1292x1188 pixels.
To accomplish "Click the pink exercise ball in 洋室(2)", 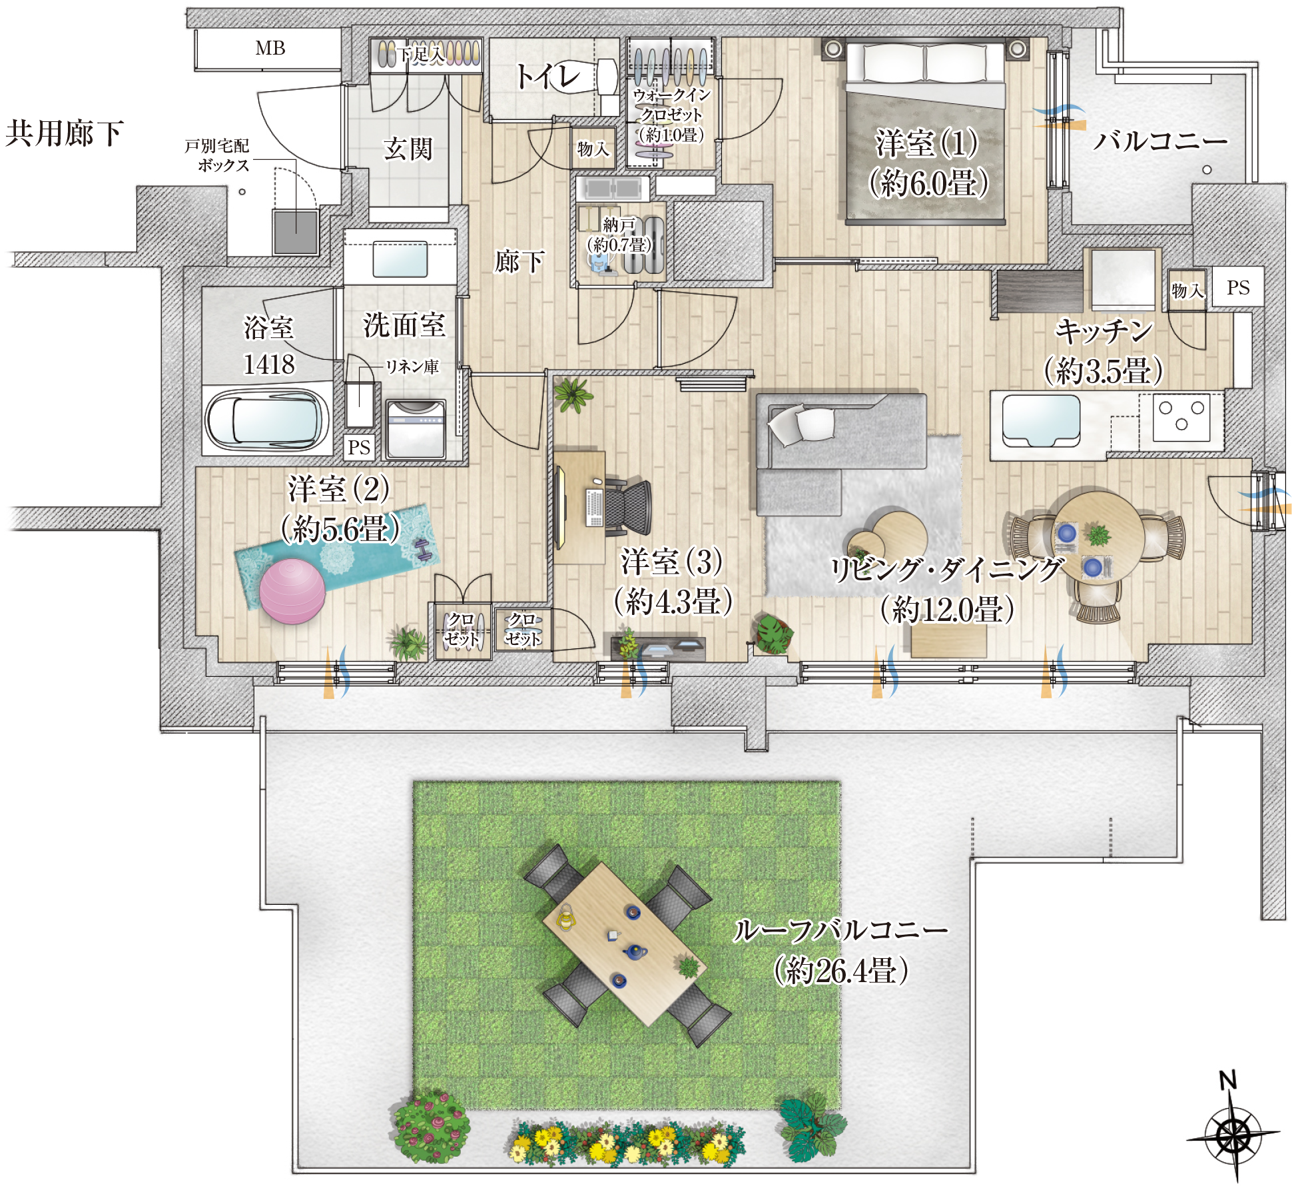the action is point(292,591).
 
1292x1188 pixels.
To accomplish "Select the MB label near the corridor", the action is point(270,48).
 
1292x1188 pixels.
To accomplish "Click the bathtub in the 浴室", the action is point(267,420).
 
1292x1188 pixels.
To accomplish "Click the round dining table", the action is point(1097,538).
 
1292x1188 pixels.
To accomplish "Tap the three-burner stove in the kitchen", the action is point(1181,418).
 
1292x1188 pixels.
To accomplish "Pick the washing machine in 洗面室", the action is point(416,429).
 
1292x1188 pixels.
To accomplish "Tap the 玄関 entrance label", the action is point(408,149).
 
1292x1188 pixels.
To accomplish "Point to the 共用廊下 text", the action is point(64,133).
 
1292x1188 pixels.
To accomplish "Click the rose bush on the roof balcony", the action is point(430,1126).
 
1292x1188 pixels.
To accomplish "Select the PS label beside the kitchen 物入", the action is point(1238,288).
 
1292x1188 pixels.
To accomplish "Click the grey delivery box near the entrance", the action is point(295,232).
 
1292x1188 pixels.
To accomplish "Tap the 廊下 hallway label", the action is point(519,261).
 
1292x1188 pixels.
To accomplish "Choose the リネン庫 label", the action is point(412,366).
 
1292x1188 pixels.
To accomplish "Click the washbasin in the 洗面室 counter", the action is point(400,259).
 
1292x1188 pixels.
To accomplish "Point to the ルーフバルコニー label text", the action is point(840,930).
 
